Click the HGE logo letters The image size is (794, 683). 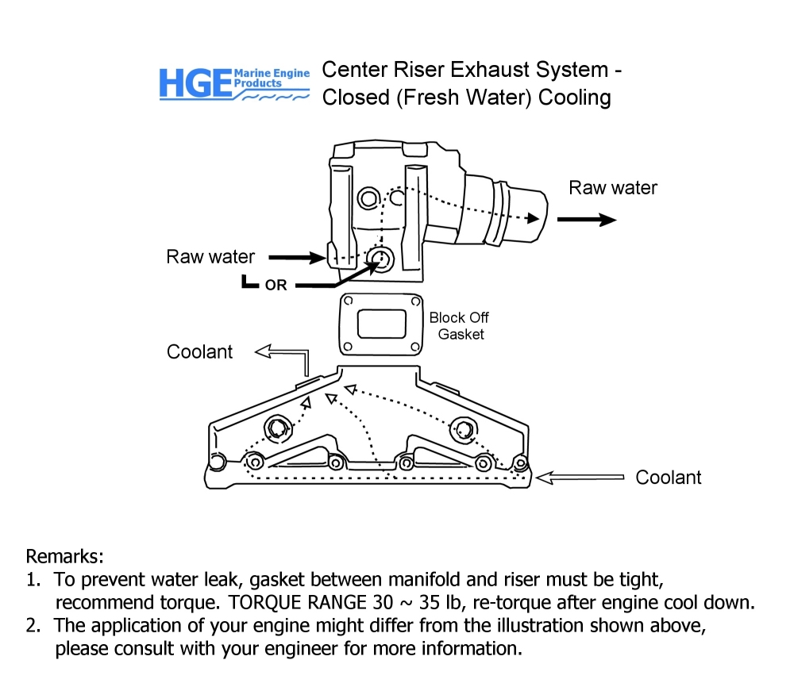[195, 83]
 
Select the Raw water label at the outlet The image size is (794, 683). [613, 188]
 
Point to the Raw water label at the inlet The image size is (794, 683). [210, 257]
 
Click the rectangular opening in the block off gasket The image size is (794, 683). [380, 324]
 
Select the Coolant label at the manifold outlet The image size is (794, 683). [200, 351]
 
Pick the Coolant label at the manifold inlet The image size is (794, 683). [669, 478]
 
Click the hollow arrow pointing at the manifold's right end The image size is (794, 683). [579, 477]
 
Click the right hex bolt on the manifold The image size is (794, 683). [463, 430]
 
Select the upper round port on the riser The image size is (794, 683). [368, 196]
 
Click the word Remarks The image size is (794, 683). [65, 555]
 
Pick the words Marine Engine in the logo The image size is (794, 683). [272, 73]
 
